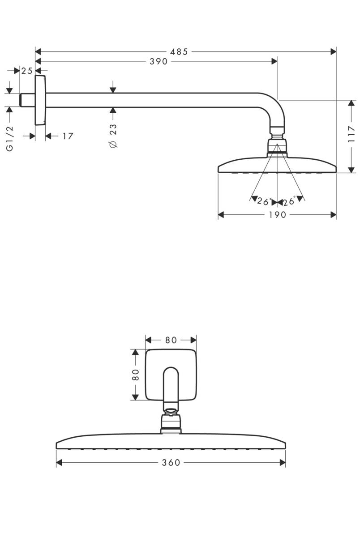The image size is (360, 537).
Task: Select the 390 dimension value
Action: click(159, 61)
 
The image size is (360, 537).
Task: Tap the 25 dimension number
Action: click(27, 71)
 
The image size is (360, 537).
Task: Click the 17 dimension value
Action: click(67, 136)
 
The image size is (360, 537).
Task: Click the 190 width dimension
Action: click(277, 215)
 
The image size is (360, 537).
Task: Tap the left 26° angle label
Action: click(264, 201)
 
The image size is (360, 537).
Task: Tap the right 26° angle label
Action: click(289, 201)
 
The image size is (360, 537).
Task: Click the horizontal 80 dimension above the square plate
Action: click(171, 340)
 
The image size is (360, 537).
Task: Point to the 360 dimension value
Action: click(171, 463)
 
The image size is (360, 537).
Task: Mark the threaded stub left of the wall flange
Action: click(27, 100)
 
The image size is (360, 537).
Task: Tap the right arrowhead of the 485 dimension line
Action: click(333, 51)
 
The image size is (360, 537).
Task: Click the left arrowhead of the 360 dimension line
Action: click(59, 463)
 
